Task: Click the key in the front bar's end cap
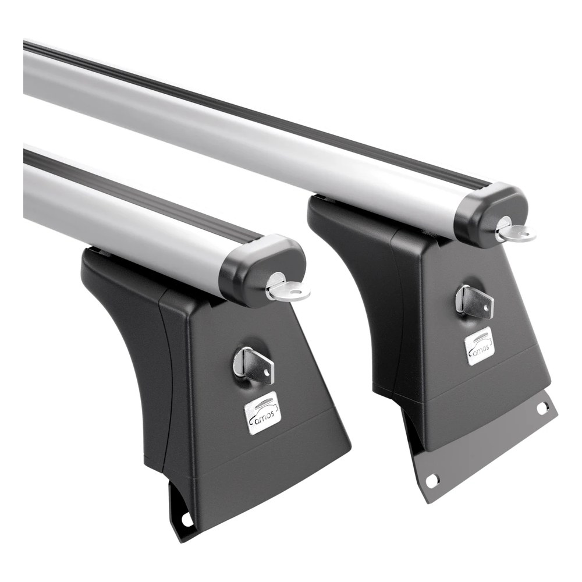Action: (x=288, y=292)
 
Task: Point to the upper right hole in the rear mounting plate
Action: (x=541, y=409)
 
